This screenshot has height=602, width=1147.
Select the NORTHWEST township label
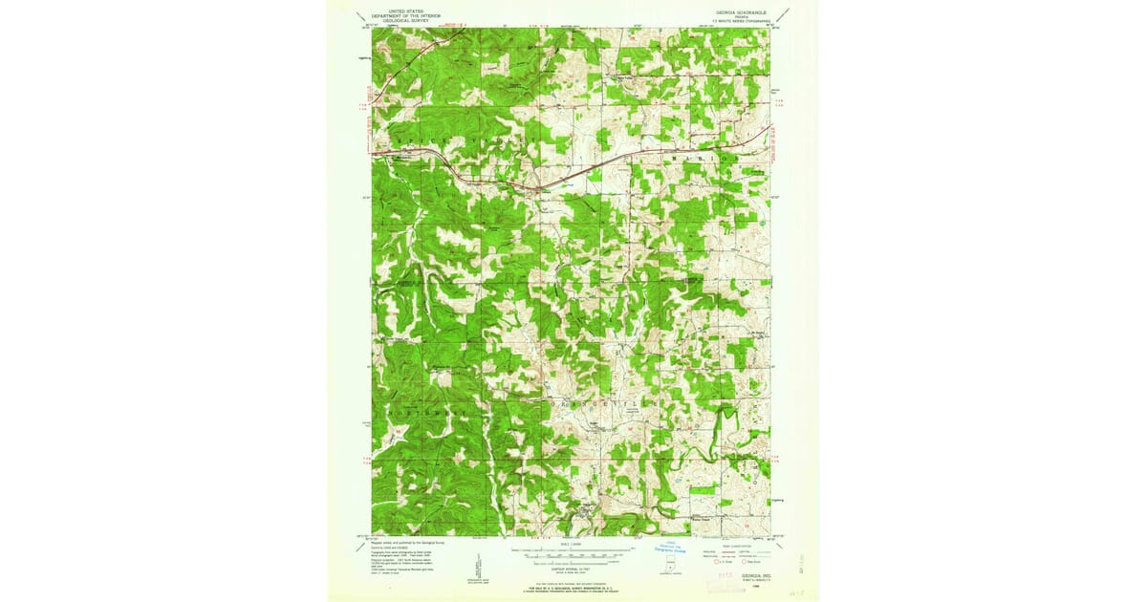[x=426, y=412]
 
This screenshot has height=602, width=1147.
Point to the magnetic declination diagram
[x=478, y=566]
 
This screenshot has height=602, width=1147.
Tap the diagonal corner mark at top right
[x=784, y=16]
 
